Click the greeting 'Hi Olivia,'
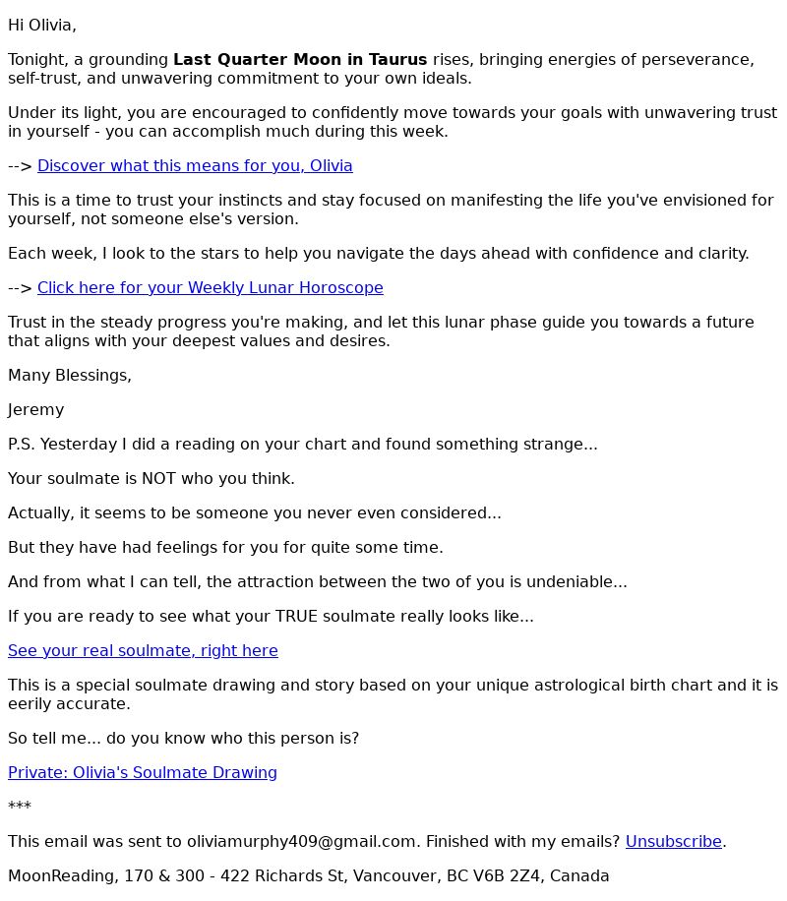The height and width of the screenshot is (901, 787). pos(42,26)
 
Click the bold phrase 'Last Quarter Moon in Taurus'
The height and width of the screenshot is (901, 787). pos(300,60)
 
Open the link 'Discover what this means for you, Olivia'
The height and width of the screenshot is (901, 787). pos(195,166)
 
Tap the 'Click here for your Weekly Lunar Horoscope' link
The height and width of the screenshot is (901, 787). pos(210,288)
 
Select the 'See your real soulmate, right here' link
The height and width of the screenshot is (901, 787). pos(143,651)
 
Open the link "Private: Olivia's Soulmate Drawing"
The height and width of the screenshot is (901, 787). pos(143,773)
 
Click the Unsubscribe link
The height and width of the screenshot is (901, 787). pos(674,842)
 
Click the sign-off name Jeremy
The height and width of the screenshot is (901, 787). pos(35,410)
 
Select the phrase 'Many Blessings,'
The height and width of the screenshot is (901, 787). pos(70,376)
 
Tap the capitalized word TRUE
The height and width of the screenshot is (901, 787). pos(297,617)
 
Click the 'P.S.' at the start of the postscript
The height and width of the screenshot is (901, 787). pos(22,445)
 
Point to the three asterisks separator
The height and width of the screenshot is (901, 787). pos(20,807)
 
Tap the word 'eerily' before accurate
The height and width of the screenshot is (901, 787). pos(30,704)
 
